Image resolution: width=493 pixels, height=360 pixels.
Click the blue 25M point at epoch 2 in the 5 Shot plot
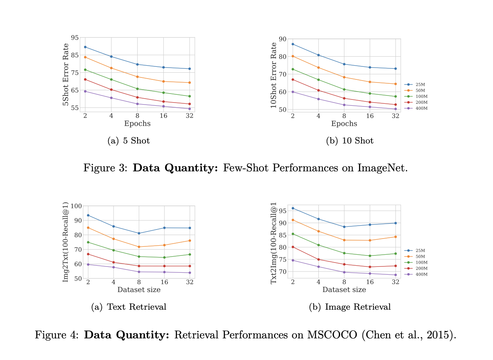pos(85,47)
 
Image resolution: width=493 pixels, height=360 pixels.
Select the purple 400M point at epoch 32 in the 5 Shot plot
pos(190,109)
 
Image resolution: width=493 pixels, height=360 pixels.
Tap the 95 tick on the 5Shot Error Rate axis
pos(75,38)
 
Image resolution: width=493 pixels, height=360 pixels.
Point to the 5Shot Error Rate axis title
pos(66,75)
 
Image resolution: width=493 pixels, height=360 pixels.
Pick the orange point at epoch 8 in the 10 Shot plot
pos(344,77)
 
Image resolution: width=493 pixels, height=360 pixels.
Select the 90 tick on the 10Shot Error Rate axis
pos(281,39)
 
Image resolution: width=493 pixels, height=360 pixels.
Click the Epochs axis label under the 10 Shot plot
pos(344,124)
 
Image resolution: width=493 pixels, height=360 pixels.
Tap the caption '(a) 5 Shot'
pos(129,141)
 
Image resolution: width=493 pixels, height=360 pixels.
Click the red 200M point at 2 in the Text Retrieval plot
pos(88,254)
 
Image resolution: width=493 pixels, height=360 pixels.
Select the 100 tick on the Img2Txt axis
pos(76,206)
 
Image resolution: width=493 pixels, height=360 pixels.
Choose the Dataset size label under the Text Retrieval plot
pos(139,290)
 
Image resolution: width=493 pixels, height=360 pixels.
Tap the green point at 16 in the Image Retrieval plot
pos(370,256)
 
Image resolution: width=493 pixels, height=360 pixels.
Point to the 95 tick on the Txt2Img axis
pos(281,211)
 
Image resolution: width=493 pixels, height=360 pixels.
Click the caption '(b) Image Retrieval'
pos(350,307)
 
